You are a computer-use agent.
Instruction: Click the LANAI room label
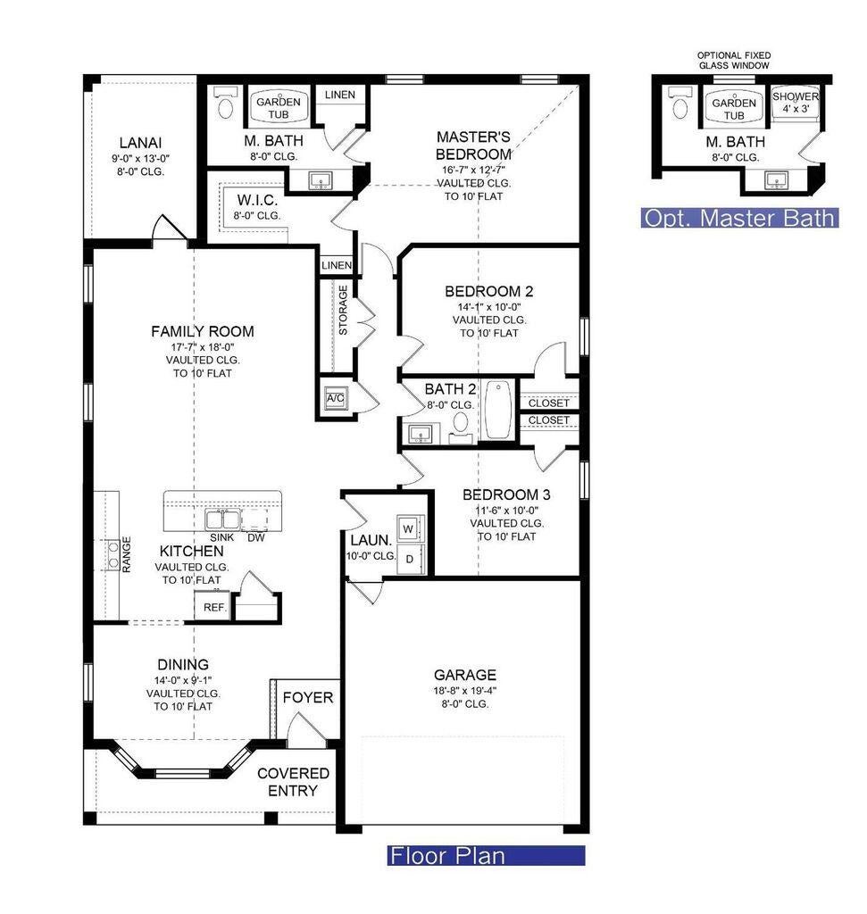click(x=140, y=143)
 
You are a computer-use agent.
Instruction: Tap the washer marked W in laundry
click(x=409, y=528)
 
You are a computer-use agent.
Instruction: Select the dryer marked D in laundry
click(x=409, y=559)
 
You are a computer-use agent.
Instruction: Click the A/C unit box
click(x=336, y=398)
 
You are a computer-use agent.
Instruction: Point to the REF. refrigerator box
click(x=214, y=607)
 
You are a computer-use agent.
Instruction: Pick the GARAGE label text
click(x=464, y=675)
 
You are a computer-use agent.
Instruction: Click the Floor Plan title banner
click(x=486, y=856)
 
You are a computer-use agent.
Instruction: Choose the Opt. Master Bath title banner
click(x=739, y=218)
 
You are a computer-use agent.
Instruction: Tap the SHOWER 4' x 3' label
click(x=796, y=102)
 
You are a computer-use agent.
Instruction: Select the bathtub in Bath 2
click(x=498, y=409)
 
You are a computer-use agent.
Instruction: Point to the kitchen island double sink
click(x=222, y=519)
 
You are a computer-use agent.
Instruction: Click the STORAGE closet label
click(x=343, y=310)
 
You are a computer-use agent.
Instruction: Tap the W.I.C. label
click(x=257, y=201)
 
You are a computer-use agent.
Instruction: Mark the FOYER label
click(x=308, y=697)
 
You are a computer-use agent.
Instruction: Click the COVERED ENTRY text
click(x=293, y=782)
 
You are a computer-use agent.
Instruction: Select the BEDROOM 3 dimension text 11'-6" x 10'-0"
click(x=506, y=510)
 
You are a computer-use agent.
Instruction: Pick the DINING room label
click(x=183, y=664)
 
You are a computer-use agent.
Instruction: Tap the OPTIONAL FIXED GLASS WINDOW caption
click(x=734, y=61)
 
